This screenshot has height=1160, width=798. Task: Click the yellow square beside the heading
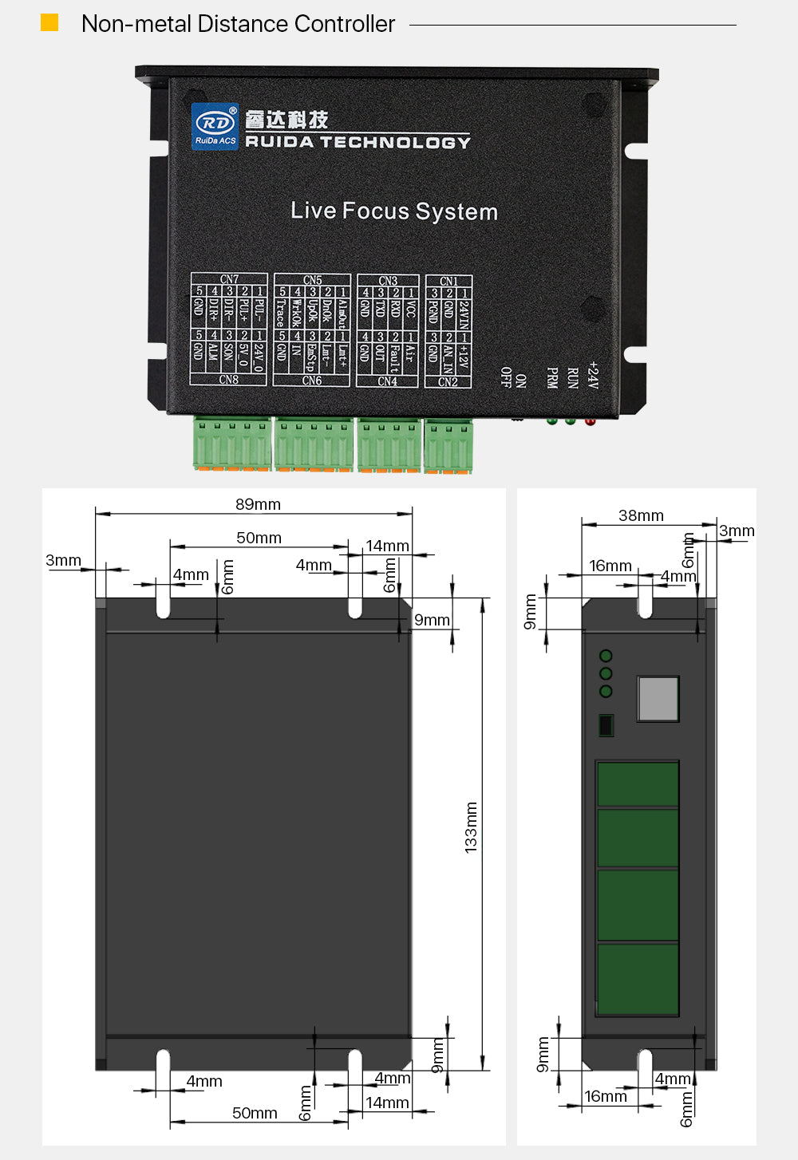(49, 22)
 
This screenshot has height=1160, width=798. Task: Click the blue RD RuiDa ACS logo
(215, 126)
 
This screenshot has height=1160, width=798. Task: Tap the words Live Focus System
(394, 211)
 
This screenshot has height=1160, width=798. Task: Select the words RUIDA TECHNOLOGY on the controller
(358, 142)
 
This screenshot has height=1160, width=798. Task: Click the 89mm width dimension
(258, 504)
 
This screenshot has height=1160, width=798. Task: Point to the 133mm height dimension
(471, 827)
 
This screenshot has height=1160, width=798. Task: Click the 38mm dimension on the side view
(641, 515)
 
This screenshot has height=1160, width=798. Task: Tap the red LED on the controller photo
(590, 420)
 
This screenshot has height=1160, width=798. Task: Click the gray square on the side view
(658, 699)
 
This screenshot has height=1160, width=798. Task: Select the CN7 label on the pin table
(229, 279)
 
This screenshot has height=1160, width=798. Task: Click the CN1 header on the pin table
(448, 281)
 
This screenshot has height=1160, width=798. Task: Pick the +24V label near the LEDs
(592, 374)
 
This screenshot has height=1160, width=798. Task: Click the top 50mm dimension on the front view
(259, 538)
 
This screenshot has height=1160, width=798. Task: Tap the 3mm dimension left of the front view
(63, 560)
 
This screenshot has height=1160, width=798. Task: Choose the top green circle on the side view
(606, 656)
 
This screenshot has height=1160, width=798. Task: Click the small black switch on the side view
(606, 725)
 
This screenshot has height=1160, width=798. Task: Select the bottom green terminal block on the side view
(638, 979)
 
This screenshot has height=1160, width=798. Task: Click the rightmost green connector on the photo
(448, 446)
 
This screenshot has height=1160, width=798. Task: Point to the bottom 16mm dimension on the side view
(606, 1096)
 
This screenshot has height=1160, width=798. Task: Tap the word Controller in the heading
(344, 24)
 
